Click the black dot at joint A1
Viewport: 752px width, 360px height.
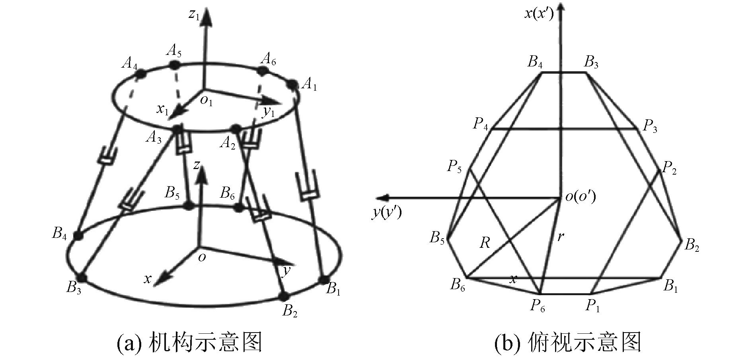coord(293,84)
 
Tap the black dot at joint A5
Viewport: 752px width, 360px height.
coord(174,64)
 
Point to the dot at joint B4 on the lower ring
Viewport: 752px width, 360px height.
coord(78,235)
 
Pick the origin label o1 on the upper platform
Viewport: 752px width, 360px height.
coord(207,101)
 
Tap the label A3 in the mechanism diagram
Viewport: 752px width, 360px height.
coord(154,138)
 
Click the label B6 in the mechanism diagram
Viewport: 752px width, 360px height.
coord(228,194)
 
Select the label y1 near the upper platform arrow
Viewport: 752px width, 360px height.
coord(269,112)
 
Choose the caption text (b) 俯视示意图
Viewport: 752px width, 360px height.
coord(567,342)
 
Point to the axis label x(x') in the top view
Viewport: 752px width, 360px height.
coord(539,14)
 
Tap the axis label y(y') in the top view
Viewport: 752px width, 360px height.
coord(387,213)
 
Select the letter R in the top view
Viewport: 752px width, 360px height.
coord(485,242)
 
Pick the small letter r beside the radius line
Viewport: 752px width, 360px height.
coord(560,236)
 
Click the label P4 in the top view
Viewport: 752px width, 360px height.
coord(481,124)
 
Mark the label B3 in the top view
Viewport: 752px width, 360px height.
coord(591,62)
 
